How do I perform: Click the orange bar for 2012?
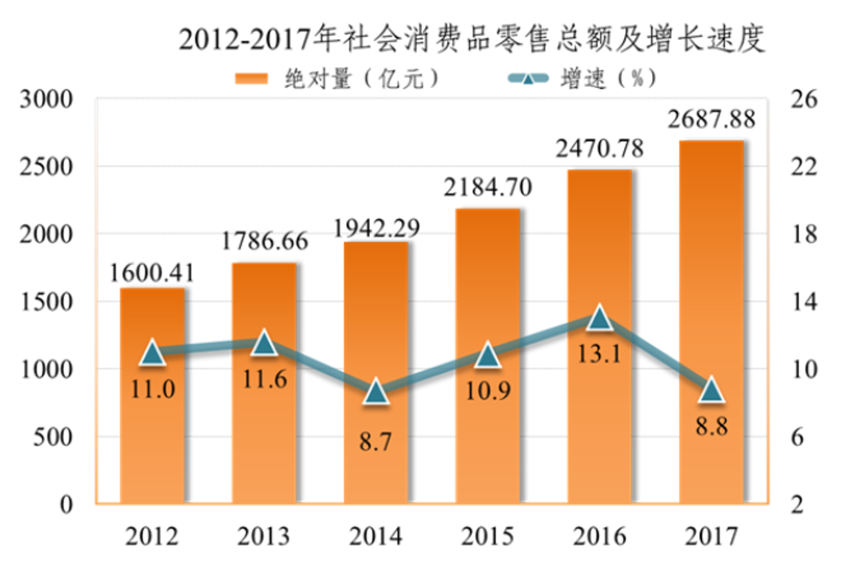153,396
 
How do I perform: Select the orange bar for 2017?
712,322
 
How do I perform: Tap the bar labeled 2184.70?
488,356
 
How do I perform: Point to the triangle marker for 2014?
376,392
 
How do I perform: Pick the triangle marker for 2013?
265,343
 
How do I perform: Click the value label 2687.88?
712,119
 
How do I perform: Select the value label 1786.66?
265,241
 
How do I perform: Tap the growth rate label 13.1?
599,354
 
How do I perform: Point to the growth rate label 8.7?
376,442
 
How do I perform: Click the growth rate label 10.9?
488,391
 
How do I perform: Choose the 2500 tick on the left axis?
46,167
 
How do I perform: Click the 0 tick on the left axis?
66,505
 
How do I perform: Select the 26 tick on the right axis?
804,99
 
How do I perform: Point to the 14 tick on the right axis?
804,302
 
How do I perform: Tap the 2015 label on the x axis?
488,536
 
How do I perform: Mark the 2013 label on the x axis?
264,536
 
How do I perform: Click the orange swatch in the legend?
252,79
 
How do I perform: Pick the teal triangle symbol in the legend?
528,79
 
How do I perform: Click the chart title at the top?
472,39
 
